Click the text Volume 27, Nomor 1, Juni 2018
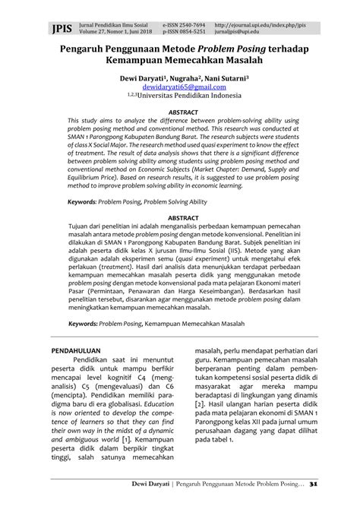[103, 33]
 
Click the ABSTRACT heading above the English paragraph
[180, 111]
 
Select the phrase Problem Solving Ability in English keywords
[174, 182]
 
